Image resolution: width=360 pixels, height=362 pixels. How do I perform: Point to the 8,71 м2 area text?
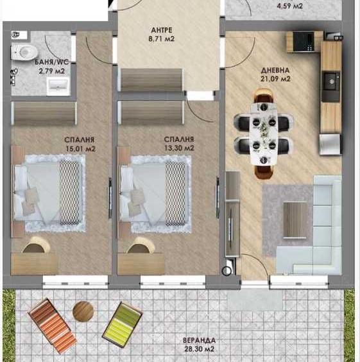click(162, 40)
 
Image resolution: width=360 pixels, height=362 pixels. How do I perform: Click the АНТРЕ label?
click(161, 30)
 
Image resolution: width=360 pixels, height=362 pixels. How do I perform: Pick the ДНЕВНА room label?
click(275, 70)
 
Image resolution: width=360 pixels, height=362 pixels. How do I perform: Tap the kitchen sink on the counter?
click(330, 80)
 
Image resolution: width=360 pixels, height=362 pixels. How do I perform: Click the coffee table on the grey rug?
click(295, 220)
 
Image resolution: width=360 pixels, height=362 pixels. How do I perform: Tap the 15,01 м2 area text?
click(80, 148)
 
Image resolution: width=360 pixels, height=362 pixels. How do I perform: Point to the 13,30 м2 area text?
click(179, 148)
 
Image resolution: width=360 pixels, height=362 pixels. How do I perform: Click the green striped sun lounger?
click(122, 323)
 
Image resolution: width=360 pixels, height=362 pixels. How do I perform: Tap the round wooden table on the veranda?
click(83, 311)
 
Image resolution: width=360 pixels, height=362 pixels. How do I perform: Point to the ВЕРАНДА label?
click(198, 341)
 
